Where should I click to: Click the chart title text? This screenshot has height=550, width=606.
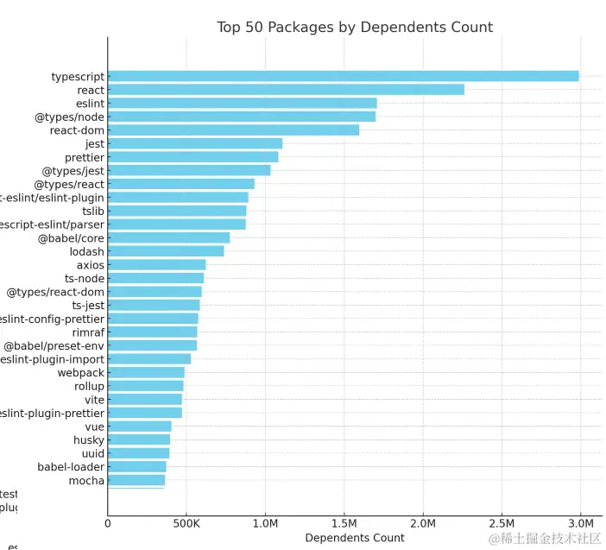[355, 28]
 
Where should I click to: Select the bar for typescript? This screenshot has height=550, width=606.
[343, 76]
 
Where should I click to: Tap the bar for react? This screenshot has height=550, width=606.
[286, 90]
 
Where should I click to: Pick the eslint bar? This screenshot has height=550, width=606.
[242, 104]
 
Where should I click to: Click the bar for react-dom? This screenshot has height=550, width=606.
[233, 130]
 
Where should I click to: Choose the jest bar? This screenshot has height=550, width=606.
[195, 143]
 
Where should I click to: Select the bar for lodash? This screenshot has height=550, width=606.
[166, 251]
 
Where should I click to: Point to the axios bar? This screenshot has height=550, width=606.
[156, 264]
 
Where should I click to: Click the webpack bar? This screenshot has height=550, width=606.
[146, 373]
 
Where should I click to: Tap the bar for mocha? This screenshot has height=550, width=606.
[136, 480]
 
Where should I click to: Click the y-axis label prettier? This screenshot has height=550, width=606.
[85, 157]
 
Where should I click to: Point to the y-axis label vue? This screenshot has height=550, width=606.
[94, 427]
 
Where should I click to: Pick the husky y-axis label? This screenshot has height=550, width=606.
[89, 440]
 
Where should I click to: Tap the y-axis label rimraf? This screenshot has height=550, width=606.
[88, 332]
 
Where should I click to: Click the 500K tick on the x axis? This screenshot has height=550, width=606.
[186, 523]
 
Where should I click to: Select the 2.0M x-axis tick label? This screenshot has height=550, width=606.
[422, 523]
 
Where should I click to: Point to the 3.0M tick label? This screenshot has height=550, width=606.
[580, 523]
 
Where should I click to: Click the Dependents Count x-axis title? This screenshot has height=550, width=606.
[354, 538]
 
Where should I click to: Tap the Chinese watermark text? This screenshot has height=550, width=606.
[544, 539]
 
